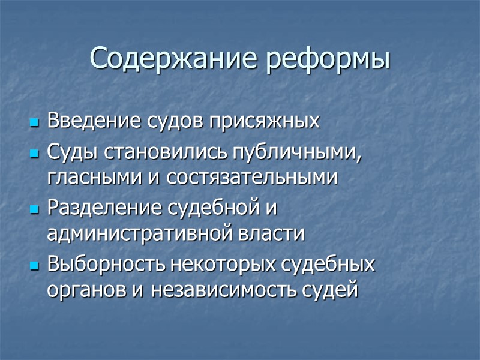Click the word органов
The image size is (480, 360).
(x=76, y=289)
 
